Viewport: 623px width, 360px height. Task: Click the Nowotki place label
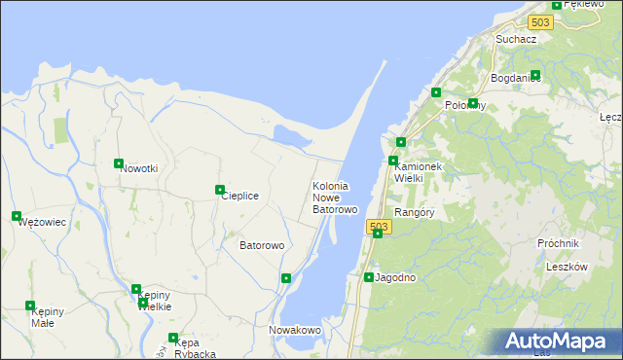[x=139, y=168]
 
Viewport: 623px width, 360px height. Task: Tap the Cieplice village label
[x=239, y=196]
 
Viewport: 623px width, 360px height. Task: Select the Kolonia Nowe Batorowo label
[x=336, y=198]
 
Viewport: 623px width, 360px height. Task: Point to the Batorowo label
[x=262, y=245]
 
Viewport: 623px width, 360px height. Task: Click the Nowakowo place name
[x=295, y=330]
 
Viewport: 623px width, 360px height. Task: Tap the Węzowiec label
[x=42, y=222]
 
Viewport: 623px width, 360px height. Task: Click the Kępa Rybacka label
[x=195, y=347]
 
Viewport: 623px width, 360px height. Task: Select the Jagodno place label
[x=396, y=277]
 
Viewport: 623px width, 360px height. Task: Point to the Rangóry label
[x=414, y=212]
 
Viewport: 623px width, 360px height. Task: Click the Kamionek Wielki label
[x=418, y=172]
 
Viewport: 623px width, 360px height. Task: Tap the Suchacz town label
[x=516, y=39]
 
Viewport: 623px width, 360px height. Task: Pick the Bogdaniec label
[x=516, y=77]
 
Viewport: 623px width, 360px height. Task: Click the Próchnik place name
[x=558, y=243]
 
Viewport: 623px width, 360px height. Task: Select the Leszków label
[x=567, y=267]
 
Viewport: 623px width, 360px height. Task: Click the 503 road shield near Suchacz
[x=541, y=22]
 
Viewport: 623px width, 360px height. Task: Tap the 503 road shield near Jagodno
[x=380, y=227]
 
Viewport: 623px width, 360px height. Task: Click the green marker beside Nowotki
[x=119, y=163]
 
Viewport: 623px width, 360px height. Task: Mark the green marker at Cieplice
[x=220, y=190]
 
